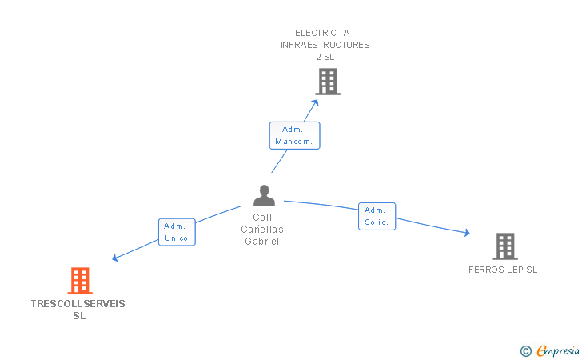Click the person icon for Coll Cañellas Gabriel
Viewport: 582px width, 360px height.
click(264, 195)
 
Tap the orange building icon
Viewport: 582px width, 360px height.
click(80, 281)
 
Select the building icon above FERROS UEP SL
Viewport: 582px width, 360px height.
click(505, 246)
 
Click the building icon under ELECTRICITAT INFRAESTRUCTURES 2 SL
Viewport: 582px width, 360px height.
click(328, 82)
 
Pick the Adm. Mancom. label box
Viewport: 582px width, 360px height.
click(294, 136)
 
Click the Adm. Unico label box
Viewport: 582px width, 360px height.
click(177, 232)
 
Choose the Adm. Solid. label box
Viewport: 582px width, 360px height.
click(377, 216)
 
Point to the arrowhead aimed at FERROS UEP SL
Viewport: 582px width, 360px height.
click(468, 233)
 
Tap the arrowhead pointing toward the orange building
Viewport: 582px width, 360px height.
click(115, 258)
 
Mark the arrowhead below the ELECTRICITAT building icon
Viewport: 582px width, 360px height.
click(316, 102)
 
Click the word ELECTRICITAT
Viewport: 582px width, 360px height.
click(325, 33)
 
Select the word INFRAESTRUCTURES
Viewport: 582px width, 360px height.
click(325, 45)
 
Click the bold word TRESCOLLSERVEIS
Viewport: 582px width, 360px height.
click(78, 304)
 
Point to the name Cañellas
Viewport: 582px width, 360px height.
click(262, 230)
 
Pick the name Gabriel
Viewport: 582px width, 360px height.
click(262, 242)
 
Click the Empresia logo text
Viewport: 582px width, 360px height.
click(558, 350)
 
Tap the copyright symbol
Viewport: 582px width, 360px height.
click(526, 351)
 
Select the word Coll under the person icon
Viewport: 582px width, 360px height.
click(262, 218)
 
